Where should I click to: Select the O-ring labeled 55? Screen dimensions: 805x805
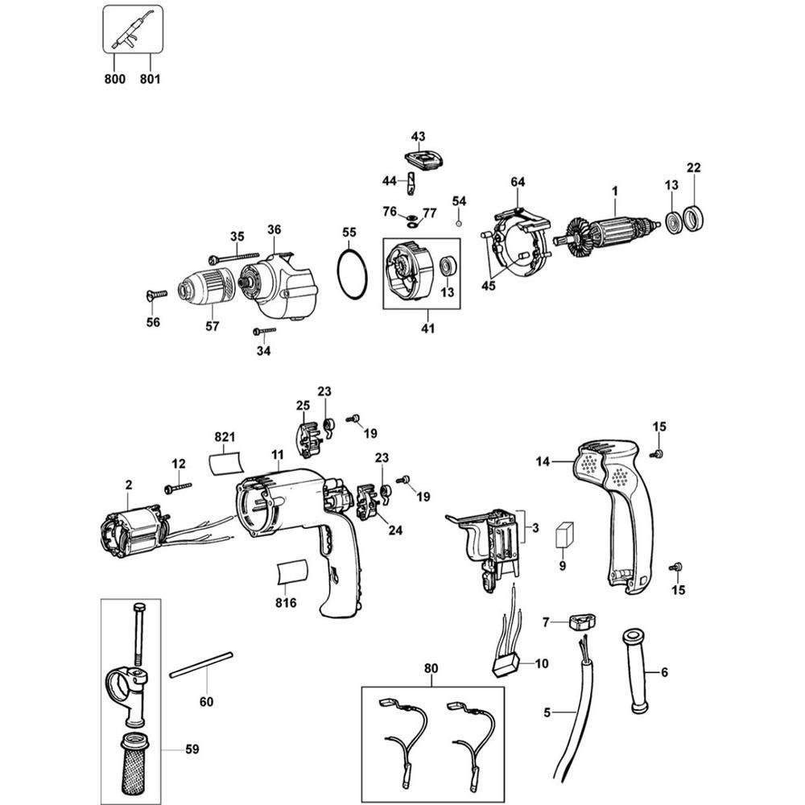[351, 274]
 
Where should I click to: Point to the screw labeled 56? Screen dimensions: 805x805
[156, 295]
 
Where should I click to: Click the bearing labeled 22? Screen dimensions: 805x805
[694, 220]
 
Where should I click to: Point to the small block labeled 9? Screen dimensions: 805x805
[563, 535]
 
